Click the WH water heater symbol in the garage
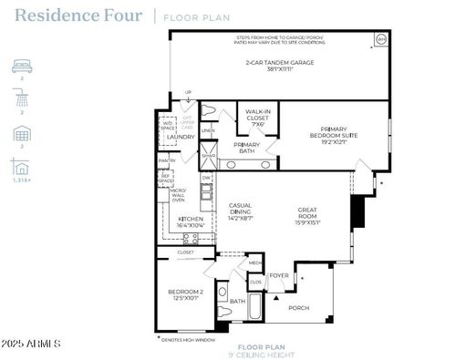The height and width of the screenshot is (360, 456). [x=380, y=39]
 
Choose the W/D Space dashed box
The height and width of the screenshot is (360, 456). [x=167, y=127]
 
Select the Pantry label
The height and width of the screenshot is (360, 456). [x=166, y=160]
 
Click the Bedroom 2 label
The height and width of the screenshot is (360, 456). [x=184, y=294]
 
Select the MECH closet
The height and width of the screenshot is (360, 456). [x=255, y=262]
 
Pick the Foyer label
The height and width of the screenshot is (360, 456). [x=279, y=274]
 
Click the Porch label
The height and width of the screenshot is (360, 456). [x=298, y=307]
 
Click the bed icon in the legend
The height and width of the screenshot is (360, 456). [x=21, y=67]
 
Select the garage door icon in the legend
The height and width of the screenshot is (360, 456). [x=21, y=134]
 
